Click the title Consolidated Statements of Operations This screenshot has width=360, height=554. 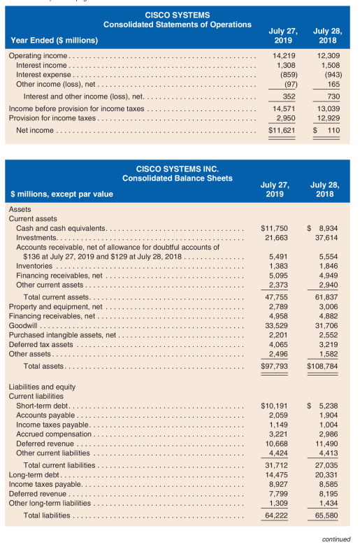point(178,24)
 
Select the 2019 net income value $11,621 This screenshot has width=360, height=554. point(282,130)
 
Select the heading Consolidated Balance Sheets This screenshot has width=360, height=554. point(177,178)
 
